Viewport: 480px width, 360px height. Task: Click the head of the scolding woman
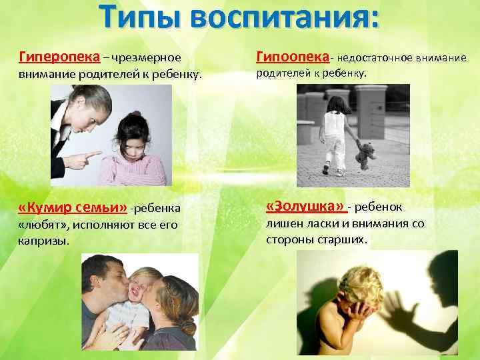[89, 107]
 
